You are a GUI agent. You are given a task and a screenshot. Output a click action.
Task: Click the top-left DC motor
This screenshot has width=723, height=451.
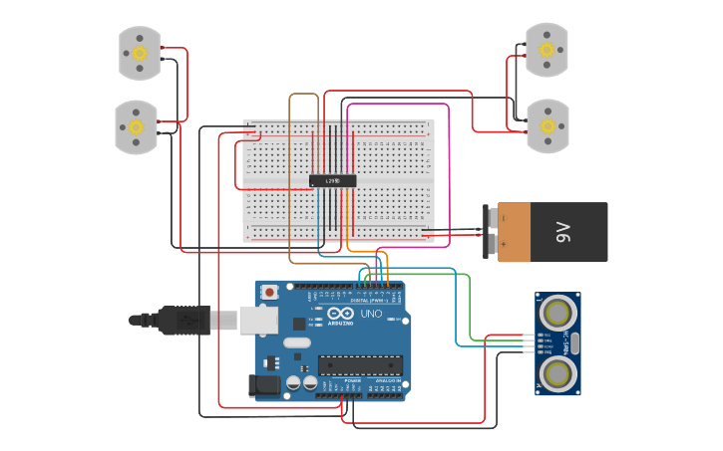140,53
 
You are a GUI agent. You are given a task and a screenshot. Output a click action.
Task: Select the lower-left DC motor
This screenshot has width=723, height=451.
136,126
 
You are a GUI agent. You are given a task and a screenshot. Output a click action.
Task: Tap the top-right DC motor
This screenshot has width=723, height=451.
546,49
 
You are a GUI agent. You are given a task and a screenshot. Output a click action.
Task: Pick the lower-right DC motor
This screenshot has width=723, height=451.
546,126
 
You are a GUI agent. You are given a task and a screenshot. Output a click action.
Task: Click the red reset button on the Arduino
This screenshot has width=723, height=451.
269,293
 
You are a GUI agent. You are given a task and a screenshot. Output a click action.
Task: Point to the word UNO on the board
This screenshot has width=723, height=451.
371,315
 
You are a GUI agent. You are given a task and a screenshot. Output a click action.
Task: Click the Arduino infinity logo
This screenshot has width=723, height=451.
340,315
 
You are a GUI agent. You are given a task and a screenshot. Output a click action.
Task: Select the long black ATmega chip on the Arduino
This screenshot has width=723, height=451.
360,366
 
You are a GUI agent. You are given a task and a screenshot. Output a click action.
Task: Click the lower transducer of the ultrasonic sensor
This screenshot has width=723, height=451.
556,373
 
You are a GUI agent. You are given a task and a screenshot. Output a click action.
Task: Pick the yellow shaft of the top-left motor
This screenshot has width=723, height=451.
140,52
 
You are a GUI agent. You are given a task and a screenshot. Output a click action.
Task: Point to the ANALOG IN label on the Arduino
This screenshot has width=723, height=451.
385,381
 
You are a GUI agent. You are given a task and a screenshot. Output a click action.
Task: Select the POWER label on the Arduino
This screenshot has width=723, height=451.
353,381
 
